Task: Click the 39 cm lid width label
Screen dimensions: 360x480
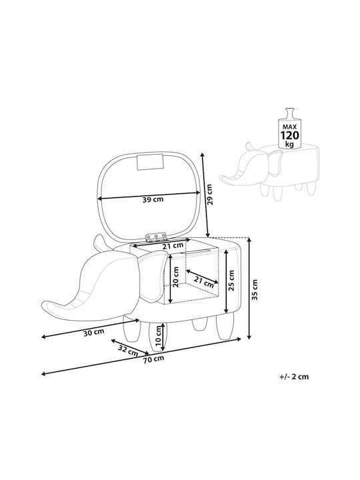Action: [153, 199]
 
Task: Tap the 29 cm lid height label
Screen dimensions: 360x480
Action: [210, 194]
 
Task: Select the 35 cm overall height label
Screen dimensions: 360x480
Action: [255, 289]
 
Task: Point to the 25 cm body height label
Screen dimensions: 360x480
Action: [231, 281]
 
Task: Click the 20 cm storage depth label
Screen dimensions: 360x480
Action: [175, 277]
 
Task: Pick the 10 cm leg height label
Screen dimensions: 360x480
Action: [158, 335]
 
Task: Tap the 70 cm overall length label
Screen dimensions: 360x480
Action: [153, 359]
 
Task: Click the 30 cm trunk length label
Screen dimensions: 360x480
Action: [94, 332]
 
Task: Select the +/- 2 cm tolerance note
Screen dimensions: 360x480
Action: [294, 377]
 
